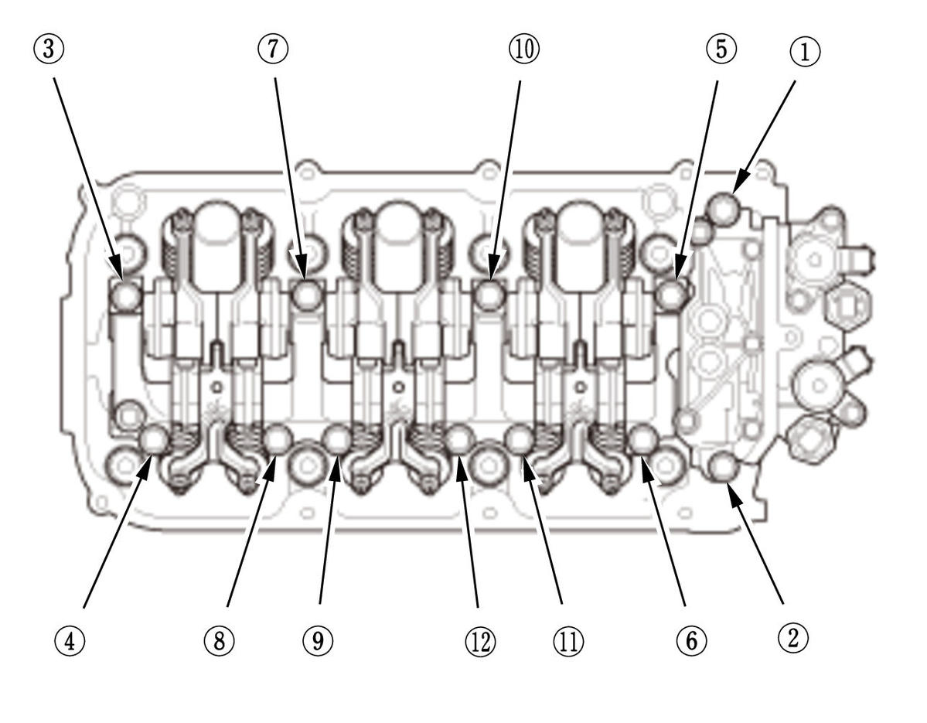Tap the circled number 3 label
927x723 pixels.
53,49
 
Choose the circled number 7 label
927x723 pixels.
273,49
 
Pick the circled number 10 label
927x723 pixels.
523,49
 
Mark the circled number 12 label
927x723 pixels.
479,640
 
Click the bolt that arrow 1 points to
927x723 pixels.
724,206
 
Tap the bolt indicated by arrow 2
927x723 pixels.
724,466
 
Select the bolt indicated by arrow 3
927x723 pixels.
126,295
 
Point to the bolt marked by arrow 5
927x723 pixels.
670,295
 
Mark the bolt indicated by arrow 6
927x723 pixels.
642,440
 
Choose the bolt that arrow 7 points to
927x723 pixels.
308,295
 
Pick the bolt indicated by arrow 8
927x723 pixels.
277,440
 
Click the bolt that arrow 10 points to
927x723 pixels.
489,295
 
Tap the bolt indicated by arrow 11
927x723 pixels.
518,440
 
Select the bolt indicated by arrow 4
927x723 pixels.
154,440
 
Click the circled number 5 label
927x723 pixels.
720,49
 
